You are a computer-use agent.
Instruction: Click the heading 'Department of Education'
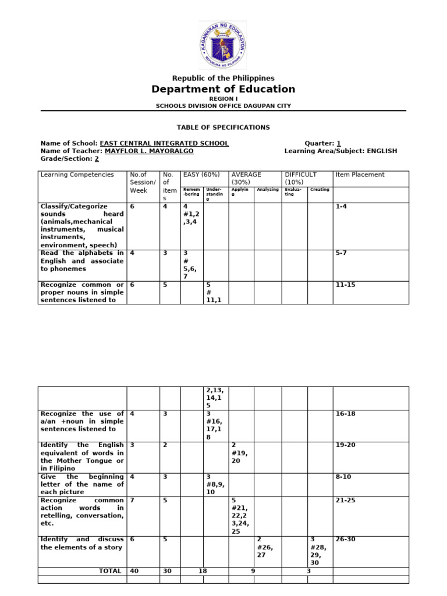click(x=223, y=89)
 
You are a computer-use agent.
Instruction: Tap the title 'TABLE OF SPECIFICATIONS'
click(x=223, y=127)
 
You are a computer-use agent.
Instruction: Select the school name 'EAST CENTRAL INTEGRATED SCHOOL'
click(x=164, y=143)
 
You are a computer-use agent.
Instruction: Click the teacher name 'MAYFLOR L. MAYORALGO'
click(x=149, y=151)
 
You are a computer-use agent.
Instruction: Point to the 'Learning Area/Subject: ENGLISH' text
click(x=340, y=151)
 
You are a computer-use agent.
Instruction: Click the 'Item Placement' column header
click(x=360, y=175)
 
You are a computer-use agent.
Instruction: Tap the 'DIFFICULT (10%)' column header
click(x=300, y=178)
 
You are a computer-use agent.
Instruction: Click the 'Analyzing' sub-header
click(x=268, y=189)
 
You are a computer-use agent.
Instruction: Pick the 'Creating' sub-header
click(x=320, y=189)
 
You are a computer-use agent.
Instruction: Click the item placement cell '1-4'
click(x=342, y=206)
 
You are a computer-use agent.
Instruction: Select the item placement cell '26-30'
click(x=345, y=539)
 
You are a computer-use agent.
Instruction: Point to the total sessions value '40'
click(x=134, y=571)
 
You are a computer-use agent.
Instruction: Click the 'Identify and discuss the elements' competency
click(x=82, y=543)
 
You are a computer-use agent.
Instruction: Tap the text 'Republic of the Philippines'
click(x=223, y=78)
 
